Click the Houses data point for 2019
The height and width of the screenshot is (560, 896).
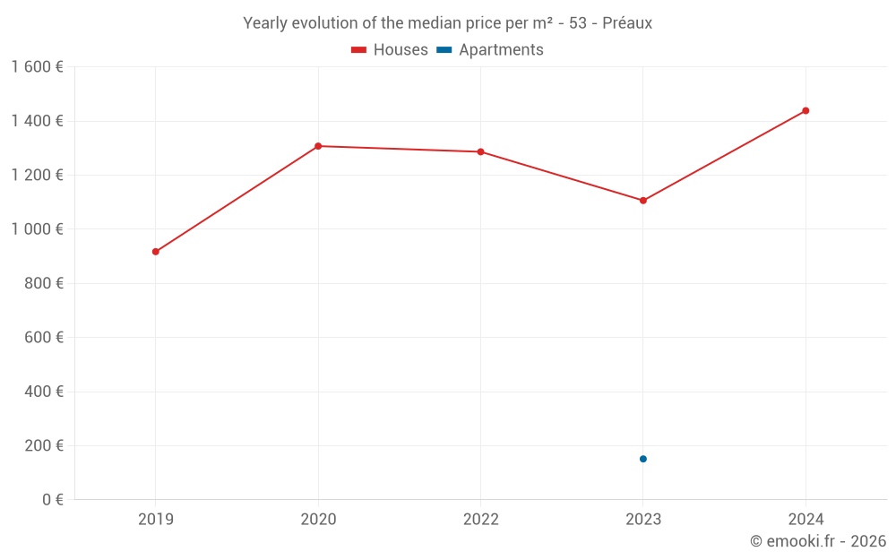click(156, 252)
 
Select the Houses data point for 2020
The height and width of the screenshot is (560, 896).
click(318, 146)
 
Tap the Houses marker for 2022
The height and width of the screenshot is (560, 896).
click(480, 151)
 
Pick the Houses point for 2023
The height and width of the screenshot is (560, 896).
click(643, 201)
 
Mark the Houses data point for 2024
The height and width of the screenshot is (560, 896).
click(806, 111)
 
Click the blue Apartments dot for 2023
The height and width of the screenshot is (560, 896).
click(643, 459)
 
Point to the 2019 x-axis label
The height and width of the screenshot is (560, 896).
click(156, 519)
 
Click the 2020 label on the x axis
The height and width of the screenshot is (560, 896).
click(318, 519)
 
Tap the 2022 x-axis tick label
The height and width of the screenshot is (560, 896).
click(480, 519)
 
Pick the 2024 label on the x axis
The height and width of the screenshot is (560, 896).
click(806, 519)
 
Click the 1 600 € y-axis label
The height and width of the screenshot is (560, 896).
click(37, 67)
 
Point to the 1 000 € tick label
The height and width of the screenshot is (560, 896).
click(37, 229)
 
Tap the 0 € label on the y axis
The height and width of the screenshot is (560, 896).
click(52, 500)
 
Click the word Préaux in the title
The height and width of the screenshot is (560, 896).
click(627, 23)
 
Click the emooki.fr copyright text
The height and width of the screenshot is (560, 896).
click(818, 541)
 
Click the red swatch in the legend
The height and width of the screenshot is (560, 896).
click(359, 50)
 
